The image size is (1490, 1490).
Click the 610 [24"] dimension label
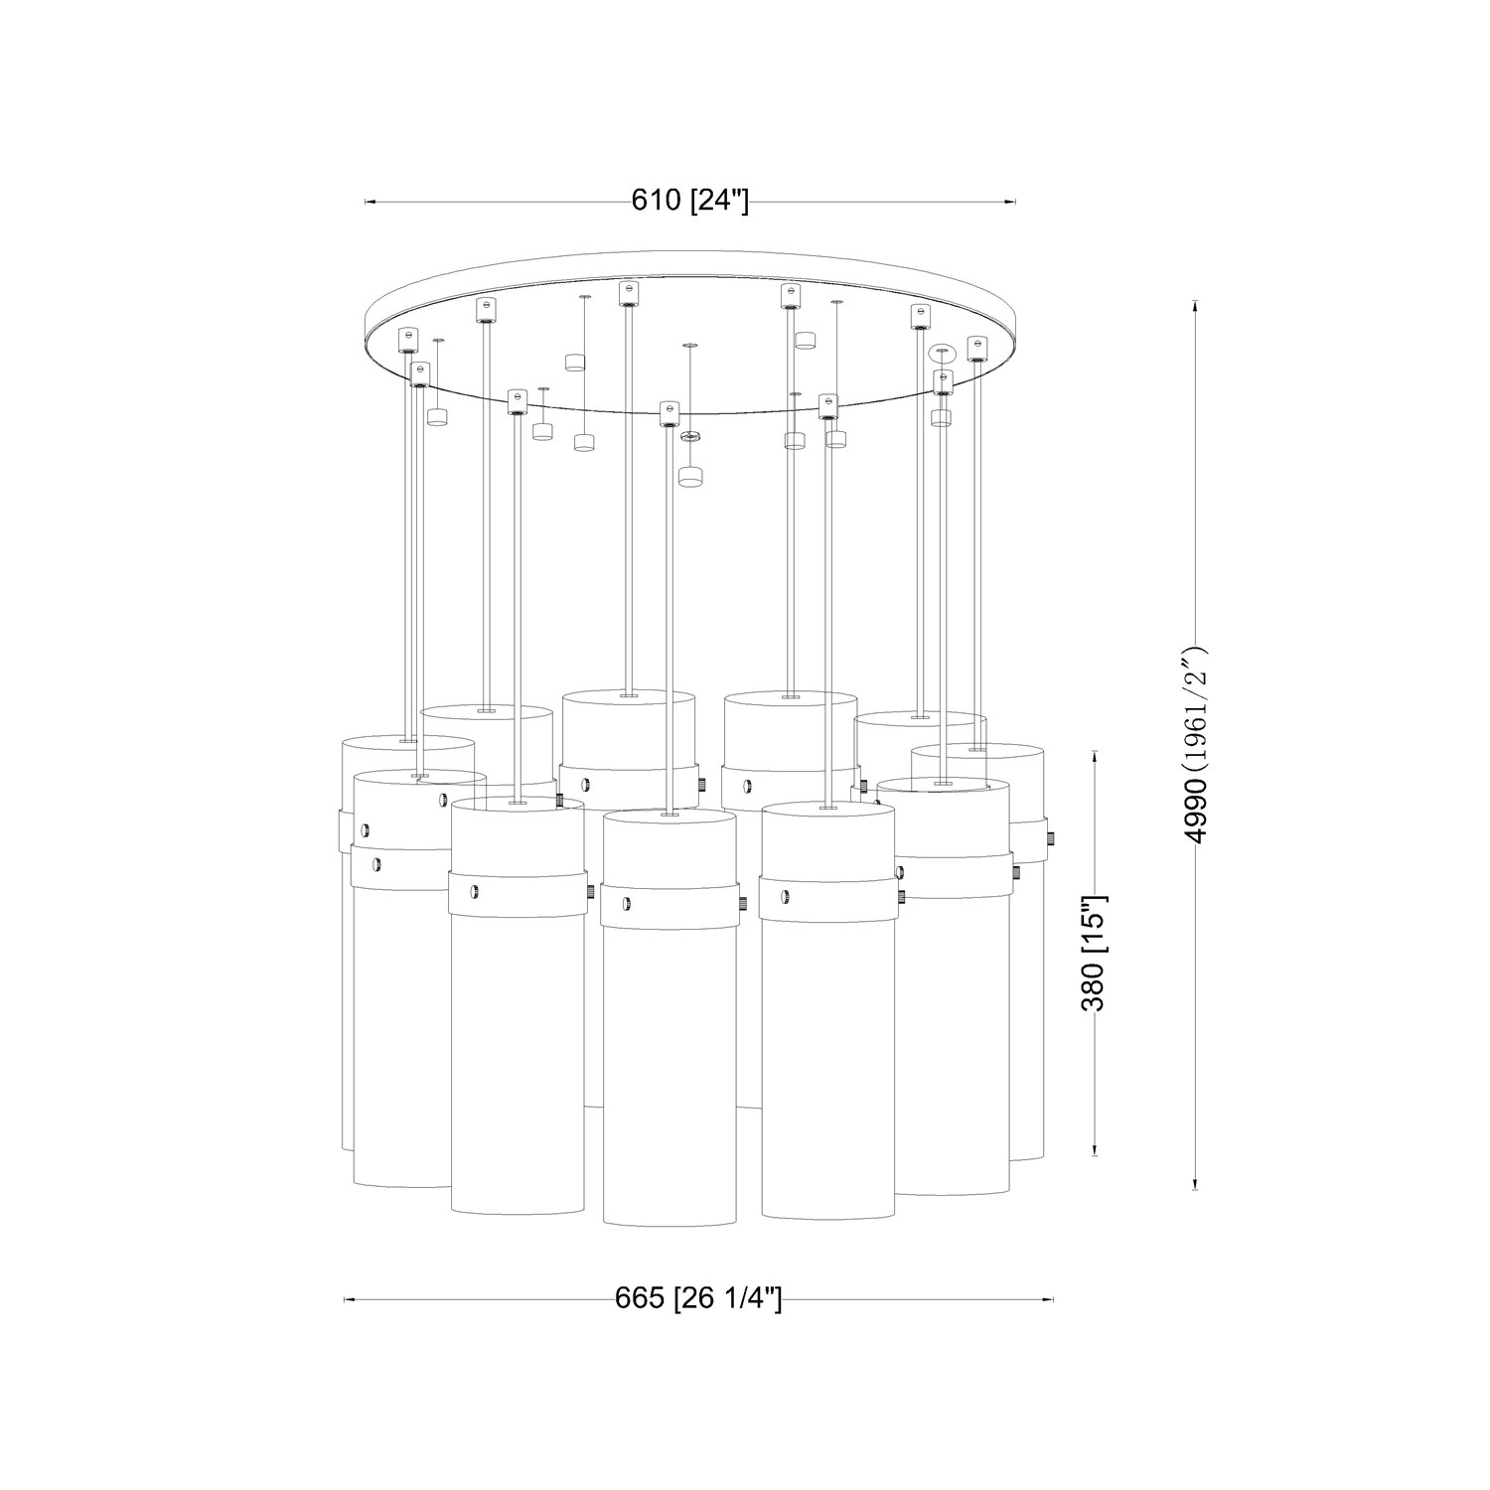pos(689,201)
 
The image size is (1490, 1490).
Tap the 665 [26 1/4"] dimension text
pos(697,1297)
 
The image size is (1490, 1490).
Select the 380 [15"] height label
pos(1093,952)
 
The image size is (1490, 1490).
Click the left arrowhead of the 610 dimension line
pos(371,203)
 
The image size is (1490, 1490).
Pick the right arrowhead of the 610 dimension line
pos(1010,203)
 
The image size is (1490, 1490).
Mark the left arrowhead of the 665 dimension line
pos(349,1298)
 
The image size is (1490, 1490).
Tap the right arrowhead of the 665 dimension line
pos(1047,1298)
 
